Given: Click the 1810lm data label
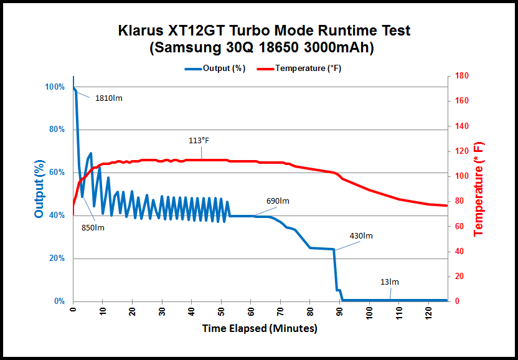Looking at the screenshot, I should (x=109, y=98).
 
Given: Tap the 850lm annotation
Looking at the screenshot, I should (x=93, y=227).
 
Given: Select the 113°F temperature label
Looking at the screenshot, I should (x=199, y=141).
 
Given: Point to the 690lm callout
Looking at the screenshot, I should (x=278, y=201).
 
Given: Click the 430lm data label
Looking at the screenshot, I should (x=361, y=236).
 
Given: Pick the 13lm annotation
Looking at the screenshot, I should (x=389, y=282).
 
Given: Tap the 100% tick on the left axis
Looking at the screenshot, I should (x=55, y=87).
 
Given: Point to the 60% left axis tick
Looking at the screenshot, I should (x=57, y=173).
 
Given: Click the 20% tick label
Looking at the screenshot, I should (x=57, y=258).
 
